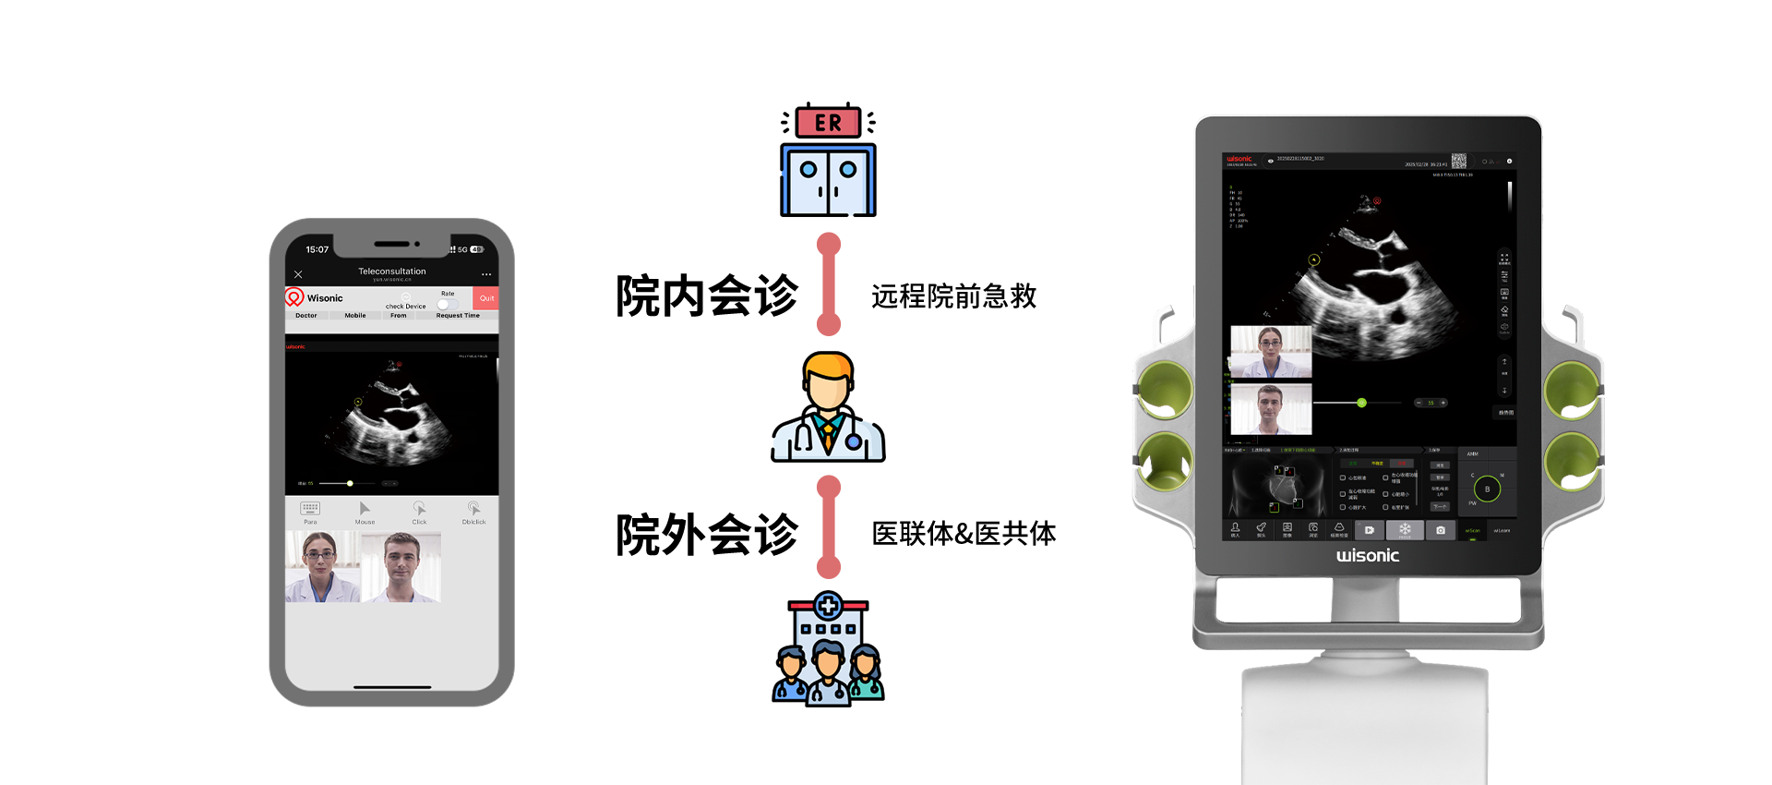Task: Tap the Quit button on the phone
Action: pyautogui.click(x=486, y=298)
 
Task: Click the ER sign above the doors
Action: pyautogui.click(x=828, y=123)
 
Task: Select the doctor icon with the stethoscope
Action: pyautogui.click(x=828, y=406)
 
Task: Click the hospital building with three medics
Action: pyautogui.click(x=828, y=648)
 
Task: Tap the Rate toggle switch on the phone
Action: pyautogui.click(x=448, y=304)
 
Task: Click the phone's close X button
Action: pyautogui.click(x=298, y=274)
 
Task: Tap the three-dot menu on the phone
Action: pyautogui.click(x=486, y=274)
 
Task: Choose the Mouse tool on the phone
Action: pyautogui.click(x=365, y=510)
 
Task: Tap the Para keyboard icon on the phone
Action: pyautogui.click(x=310, y=510)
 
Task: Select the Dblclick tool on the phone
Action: pyautogui.click(x=473, y=510)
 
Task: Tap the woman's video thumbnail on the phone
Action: pyautogui.click(x=322, y=567)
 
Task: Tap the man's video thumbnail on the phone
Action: pyautogui.click(x=401, y=567)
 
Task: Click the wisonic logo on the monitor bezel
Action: pyautogui.click(x=1368, y=555)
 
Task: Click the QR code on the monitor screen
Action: pyautogui.click(x=1459, y=161)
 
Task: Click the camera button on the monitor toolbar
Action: pyautogui.click(x=1441, y=530)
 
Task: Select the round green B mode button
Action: pyautogui.click(x=1487, y=489)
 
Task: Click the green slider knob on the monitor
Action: pyautogui.click(x=1361, y=403)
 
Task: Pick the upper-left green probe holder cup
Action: pyautogui.click(x=1164, y=389)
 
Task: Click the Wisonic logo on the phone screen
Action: pyautogui.click(x=315, y=297)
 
